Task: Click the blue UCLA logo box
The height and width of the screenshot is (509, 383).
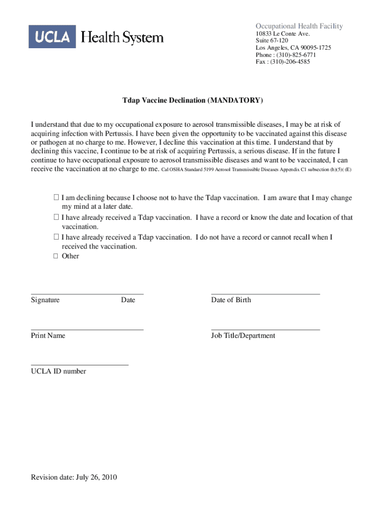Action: [x=52, y=37]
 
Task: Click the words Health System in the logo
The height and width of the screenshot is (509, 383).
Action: [x=122, y=37]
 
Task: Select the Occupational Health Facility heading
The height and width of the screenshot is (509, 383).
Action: [x=299, y=26]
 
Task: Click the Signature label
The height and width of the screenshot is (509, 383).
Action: [x=45, y=300]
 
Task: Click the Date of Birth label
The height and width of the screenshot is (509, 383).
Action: [x=231, y=300]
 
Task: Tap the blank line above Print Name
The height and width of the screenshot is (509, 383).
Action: [x=87, y=329]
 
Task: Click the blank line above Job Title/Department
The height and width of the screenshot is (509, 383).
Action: [x=265, y=329]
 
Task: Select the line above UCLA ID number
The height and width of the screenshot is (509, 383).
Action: [x=80, y=365]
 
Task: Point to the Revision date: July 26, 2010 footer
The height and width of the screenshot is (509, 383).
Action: [x=74, y=478]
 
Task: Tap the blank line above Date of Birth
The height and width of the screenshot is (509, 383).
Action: [x=265, y=294]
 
